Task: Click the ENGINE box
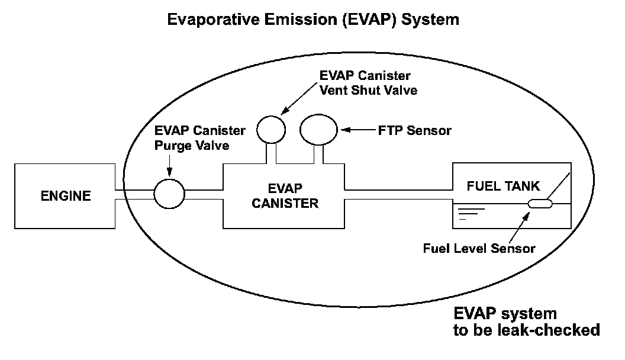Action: point(65,196)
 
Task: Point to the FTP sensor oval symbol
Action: point(319,129)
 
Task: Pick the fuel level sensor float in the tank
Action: point(540,204)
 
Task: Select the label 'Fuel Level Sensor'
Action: point(479,248)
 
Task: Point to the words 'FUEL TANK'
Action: point(503,186)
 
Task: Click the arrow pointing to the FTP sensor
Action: point(356,130)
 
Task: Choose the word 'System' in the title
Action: point(430,19)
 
